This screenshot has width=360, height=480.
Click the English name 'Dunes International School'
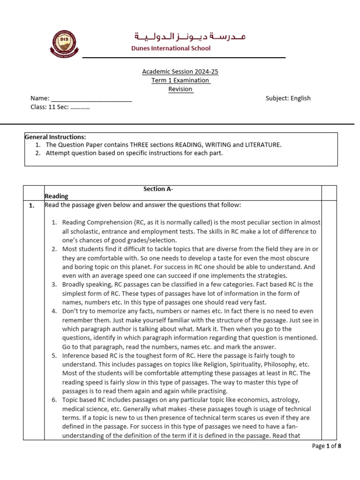point(172,48)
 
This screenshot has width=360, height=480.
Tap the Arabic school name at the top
point(190,36)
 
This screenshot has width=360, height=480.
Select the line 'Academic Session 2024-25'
point(180,72)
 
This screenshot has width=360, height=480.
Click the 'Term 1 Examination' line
point(180,80)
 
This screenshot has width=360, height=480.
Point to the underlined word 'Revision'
point(180,89)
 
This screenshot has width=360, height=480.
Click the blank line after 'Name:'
point(91,98)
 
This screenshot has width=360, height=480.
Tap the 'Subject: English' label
point(288,98)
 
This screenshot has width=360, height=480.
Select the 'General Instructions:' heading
point(55,137)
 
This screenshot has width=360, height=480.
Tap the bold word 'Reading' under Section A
point(56,196)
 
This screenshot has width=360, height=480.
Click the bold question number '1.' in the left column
point(32,206)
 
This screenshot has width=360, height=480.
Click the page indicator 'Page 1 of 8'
point(326,446)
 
